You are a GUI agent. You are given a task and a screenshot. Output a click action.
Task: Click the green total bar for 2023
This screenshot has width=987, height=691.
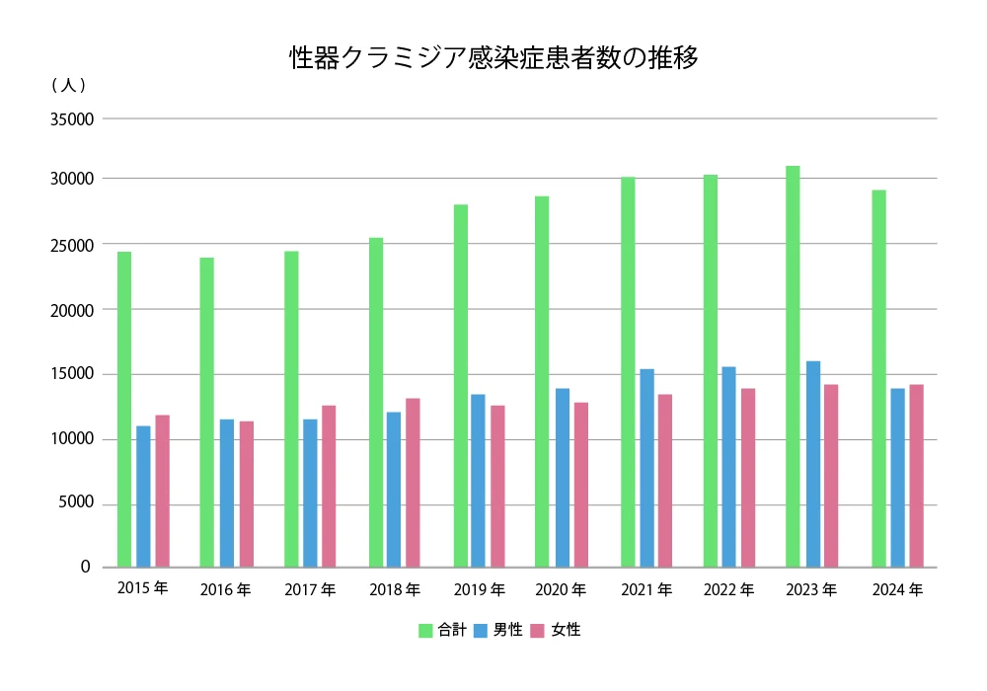point(793,366)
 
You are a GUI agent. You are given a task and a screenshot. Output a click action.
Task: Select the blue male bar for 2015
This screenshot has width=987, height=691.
point(143,497)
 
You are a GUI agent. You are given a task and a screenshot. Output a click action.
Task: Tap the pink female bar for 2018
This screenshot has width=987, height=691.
point(413,483)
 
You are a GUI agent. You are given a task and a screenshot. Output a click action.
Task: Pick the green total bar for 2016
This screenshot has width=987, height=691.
point(206,413)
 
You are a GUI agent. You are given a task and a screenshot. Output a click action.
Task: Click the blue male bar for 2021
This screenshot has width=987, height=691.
point(647,468)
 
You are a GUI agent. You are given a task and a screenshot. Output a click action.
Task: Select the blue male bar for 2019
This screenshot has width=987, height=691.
point(478,481)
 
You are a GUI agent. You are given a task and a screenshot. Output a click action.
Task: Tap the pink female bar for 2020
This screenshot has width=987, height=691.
point(581,485)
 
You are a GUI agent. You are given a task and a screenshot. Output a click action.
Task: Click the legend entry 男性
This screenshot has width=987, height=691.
point(498,630)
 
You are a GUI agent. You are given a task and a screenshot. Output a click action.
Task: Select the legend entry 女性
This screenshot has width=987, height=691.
point(556,630)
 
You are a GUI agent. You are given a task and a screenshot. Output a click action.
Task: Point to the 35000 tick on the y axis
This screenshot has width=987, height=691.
point(70,119)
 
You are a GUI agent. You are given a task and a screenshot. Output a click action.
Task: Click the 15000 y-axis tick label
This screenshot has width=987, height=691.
point(70,374)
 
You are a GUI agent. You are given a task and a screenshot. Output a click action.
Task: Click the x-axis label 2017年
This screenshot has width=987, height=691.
point(310,590)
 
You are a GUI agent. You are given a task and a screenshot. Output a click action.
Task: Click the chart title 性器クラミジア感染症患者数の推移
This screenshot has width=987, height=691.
point(493,58)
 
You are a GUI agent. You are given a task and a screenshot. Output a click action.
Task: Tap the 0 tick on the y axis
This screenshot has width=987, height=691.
point(86,568)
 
